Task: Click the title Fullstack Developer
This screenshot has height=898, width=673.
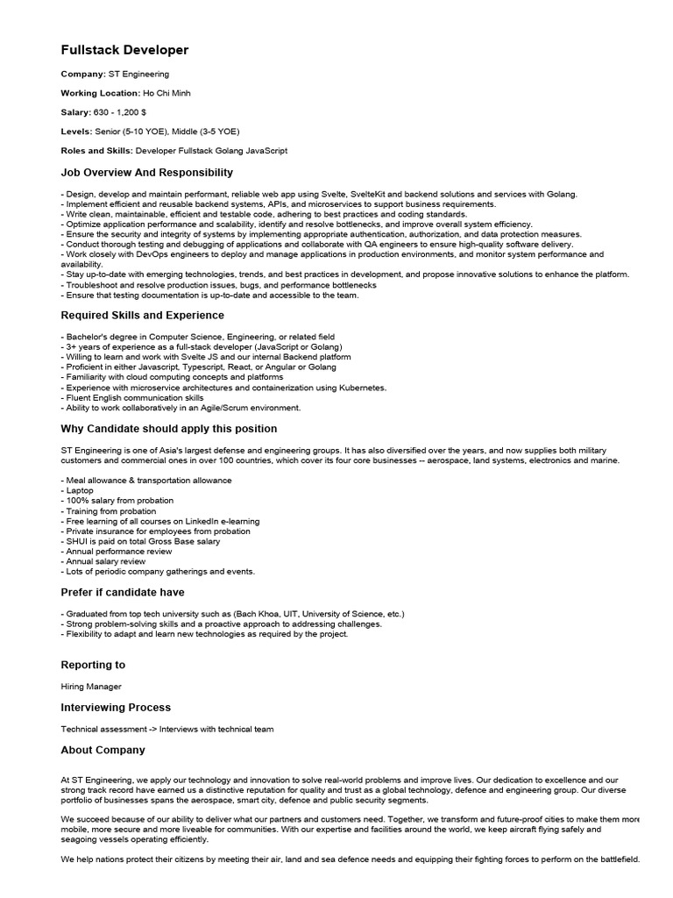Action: (124, 50)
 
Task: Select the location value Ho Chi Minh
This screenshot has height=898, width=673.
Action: (166, 93)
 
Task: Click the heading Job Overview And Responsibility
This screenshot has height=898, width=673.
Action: (147, 173)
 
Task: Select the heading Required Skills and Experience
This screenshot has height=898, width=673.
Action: (142, 315)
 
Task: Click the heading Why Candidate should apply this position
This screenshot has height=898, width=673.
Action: (169, 429)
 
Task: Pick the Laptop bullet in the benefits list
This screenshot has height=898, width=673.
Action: (79, 491)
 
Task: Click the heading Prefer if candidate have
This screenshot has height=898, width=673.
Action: (123, 592)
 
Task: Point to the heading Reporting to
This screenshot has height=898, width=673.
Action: (93, 665)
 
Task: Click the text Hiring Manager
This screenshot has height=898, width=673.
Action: (91, 687)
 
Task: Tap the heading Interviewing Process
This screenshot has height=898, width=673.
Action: (116, 707)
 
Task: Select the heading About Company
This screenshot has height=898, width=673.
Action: (103, 750)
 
